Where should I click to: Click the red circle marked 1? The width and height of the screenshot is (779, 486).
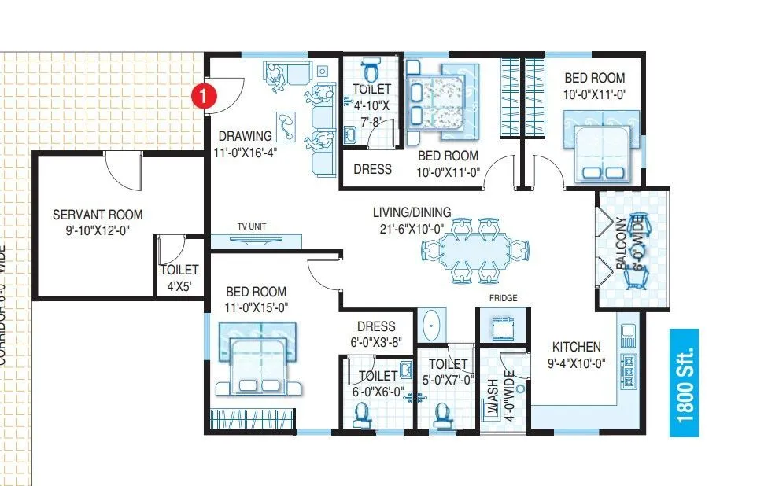(x=204, y=96)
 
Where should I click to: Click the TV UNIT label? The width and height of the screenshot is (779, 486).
(x=252, y=226)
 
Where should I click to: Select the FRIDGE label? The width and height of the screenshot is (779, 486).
(x=502, y=298)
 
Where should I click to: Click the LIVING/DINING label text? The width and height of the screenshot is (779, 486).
(x=412, y=212)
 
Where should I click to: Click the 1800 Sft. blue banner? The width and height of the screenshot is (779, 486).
(x=685, y=381)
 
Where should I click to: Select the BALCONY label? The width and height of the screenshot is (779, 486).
(x=623, y=244)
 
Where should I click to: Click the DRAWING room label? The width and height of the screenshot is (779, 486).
(x=246, y=136)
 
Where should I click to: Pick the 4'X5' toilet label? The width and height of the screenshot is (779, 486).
(x=179, y=277)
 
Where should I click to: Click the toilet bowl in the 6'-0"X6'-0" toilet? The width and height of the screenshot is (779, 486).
(x=362, y=412)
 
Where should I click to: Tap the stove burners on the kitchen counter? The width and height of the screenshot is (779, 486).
(x=629, y=366)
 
